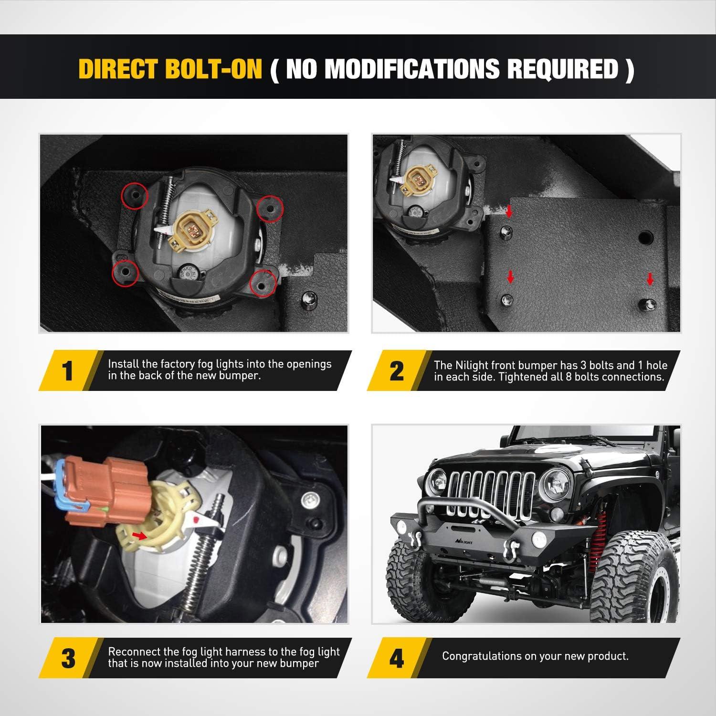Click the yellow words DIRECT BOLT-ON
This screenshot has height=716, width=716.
[x=170, y=69]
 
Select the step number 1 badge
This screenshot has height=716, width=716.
[x=68, y=371]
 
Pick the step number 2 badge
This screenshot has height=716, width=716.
[x=397, y=371]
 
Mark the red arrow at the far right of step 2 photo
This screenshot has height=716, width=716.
[x=650, y=279]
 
